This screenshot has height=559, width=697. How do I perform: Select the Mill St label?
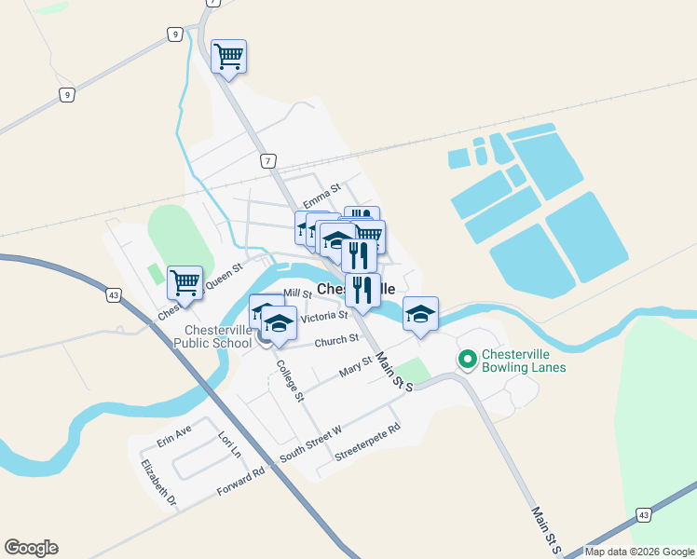(x=297, y=293)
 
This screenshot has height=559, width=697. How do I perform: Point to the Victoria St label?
(x=323, y=317)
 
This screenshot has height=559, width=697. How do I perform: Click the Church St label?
(x=336, y=340)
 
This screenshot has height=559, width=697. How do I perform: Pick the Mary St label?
(x=355, y=364)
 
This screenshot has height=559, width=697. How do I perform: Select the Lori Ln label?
(x=229, y=443)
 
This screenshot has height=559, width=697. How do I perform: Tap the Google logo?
(x=31, y=548)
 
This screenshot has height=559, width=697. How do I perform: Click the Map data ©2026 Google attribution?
(x=640, y=552)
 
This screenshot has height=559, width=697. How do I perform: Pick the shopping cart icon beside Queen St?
(x=184, y=281)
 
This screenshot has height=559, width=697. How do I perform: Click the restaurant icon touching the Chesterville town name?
(x=362, y=289)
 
